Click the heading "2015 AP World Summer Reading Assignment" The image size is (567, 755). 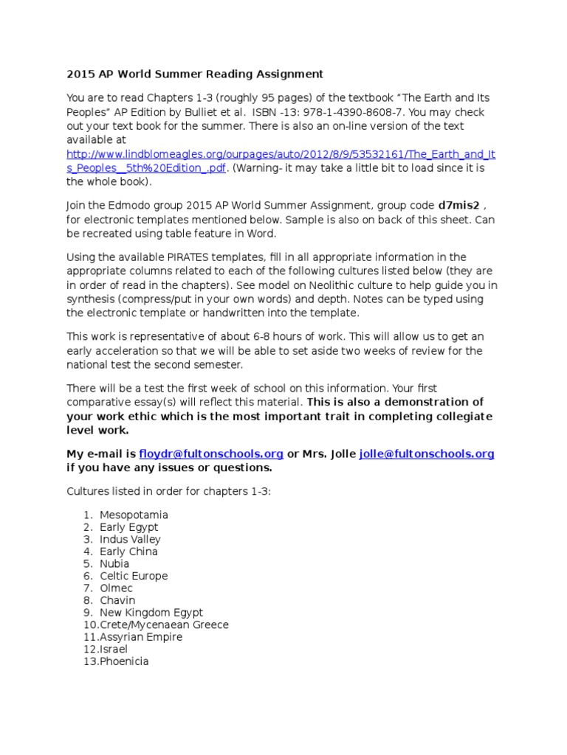click(195, 74)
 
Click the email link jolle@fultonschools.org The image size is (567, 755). click(427, 454)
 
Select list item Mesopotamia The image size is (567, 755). click(134, 515)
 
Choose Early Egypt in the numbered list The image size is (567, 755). click(128, 527)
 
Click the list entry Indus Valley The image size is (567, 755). click(131, 539)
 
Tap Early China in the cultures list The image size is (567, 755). click(128, 552)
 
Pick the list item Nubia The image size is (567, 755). click(114, 564)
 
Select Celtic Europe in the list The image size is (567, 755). click(134, 576)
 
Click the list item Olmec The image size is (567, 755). click(116, 588)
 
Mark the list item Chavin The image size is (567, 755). click(117, 600)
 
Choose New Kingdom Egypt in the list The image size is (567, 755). click(151, 613)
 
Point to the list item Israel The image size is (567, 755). click(114, 650)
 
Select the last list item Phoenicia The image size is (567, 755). click(124, 661)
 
